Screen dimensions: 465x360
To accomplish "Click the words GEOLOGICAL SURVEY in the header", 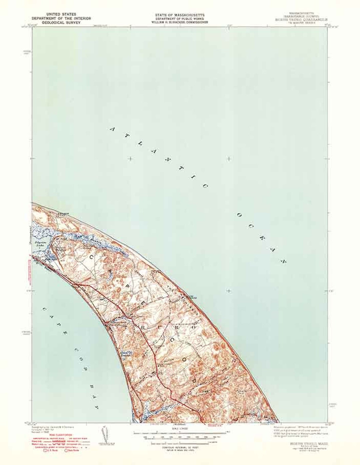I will tap(61, 22).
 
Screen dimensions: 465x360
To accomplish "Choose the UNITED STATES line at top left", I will tap(61, 14).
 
